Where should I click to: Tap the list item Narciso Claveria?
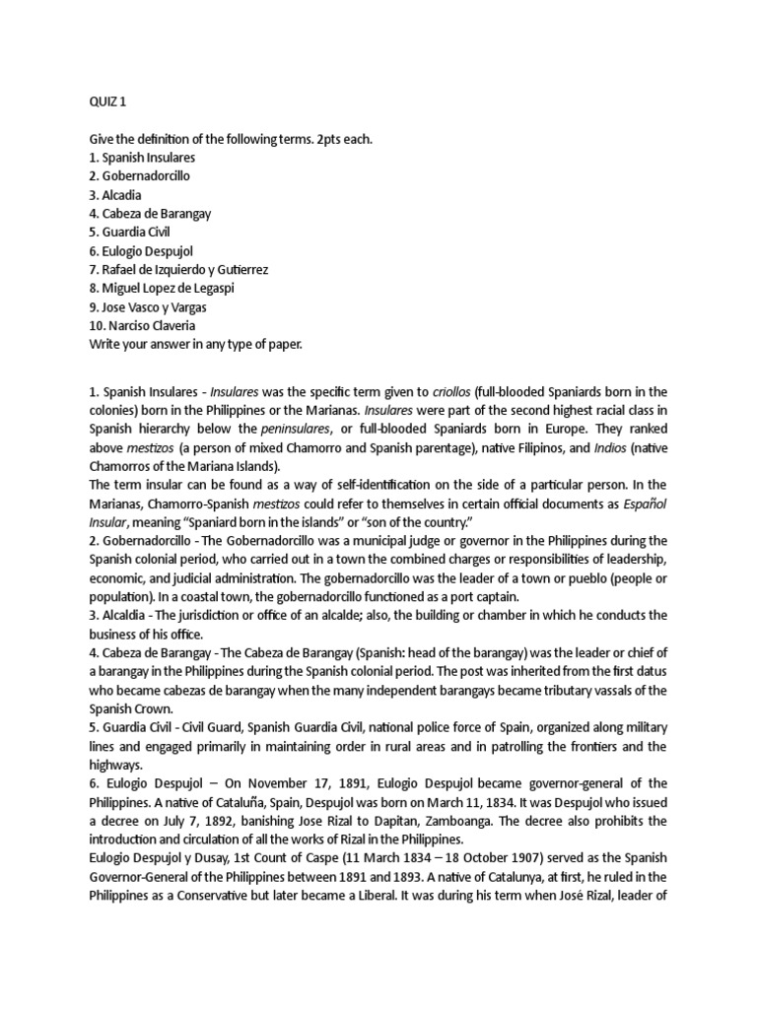(146, 325)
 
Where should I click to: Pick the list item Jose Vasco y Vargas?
(152, 306)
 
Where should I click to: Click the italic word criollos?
(452, 391)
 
